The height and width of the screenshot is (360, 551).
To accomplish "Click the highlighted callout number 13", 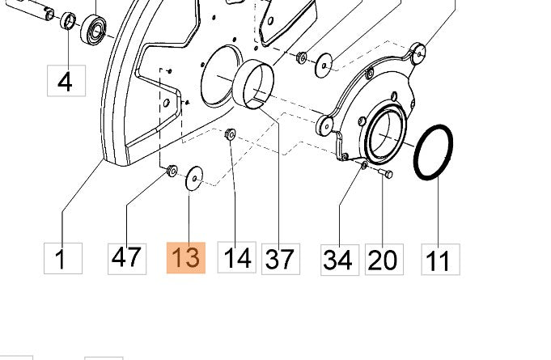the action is coord(186,258).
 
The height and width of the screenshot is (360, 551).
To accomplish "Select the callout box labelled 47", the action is coord(127,259).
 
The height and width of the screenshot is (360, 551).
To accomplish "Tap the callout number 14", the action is coord(237,257).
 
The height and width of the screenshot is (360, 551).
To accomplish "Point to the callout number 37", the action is coord(281,259).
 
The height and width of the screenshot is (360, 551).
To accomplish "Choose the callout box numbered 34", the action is coord(340,260).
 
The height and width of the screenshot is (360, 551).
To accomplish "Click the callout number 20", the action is coord(384,260).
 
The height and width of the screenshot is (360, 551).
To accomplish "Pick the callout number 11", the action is coord(441,260).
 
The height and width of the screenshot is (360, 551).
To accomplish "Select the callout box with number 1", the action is coord(63,259).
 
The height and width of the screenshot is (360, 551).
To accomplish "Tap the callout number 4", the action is coord(66,81).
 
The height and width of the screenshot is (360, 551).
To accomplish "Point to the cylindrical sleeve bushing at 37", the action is coord(254,84).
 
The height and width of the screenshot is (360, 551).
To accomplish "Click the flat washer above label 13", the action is coord(194,179).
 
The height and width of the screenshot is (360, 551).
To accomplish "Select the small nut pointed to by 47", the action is coord(172,171).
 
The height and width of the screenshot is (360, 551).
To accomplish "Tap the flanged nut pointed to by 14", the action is coord(230,133).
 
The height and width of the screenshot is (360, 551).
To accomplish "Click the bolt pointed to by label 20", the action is coord(385,173).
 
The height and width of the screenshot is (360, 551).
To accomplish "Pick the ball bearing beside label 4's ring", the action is coord(94,29).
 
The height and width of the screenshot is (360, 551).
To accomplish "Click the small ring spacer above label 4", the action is coord(68,21).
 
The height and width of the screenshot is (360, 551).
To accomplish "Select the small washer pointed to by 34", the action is coord(364,165).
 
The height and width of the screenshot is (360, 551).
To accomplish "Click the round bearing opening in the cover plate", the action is coord(385,133).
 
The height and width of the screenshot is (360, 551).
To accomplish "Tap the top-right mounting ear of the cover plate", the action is coord(417,53).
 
